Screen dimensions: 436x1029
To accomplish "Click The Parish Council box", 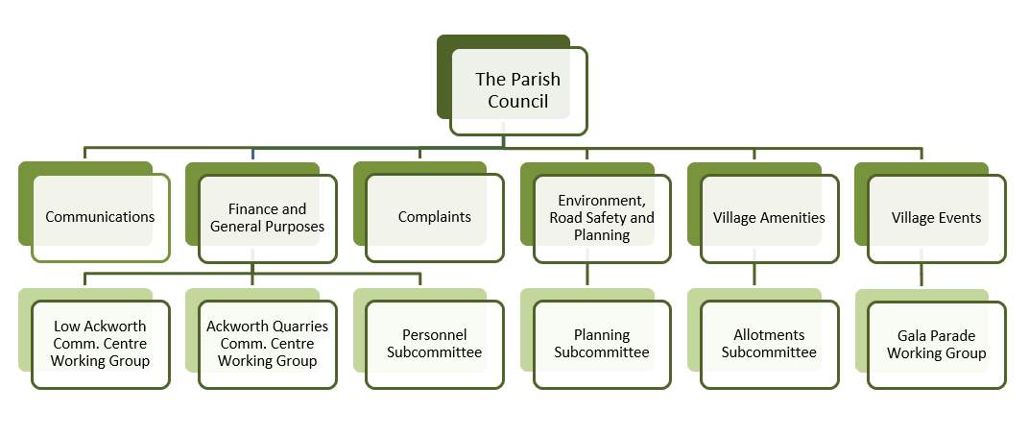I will coord(518,90).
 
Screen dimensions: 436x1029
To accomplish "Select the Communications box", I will coord(100,217).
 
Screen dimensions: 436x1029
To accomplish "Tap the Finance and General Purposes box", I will coord(267,218).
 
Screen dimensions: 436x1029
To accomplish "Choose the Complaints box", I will coord(434,217).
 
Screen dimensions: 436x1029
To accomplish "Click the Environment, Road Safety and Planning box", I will coord(601,218).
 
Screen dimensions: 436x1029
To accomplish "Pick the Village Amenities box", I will coord(769,218).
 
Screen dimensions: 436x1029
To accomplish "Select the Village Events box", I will coord(936,218).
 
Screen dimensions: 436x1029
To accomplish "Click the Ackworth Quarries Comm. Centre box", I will coord(267,344).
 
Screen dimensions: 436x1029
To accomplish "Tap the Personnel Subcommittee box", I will coord(434,344).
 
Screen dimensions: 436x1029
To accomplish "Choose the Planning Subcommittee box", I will coord(601,344).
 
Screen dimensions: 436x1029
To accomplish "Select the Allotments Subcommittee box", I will coord(769,344).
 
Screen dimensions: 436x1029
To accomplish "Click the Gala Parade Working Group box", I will coord(936,344).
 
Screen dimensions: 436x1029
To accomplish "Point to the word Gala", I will coord(913,336).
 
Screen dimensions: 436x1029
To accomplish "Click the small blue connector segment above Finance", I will coord(252,154).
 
